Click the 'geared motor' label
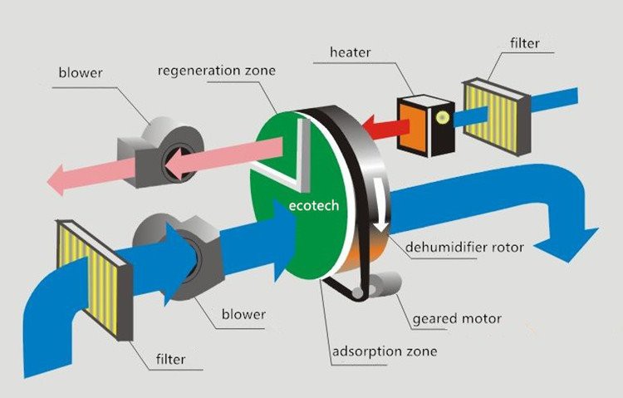(458, 318)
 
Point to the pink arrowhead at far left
(60, 177)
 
